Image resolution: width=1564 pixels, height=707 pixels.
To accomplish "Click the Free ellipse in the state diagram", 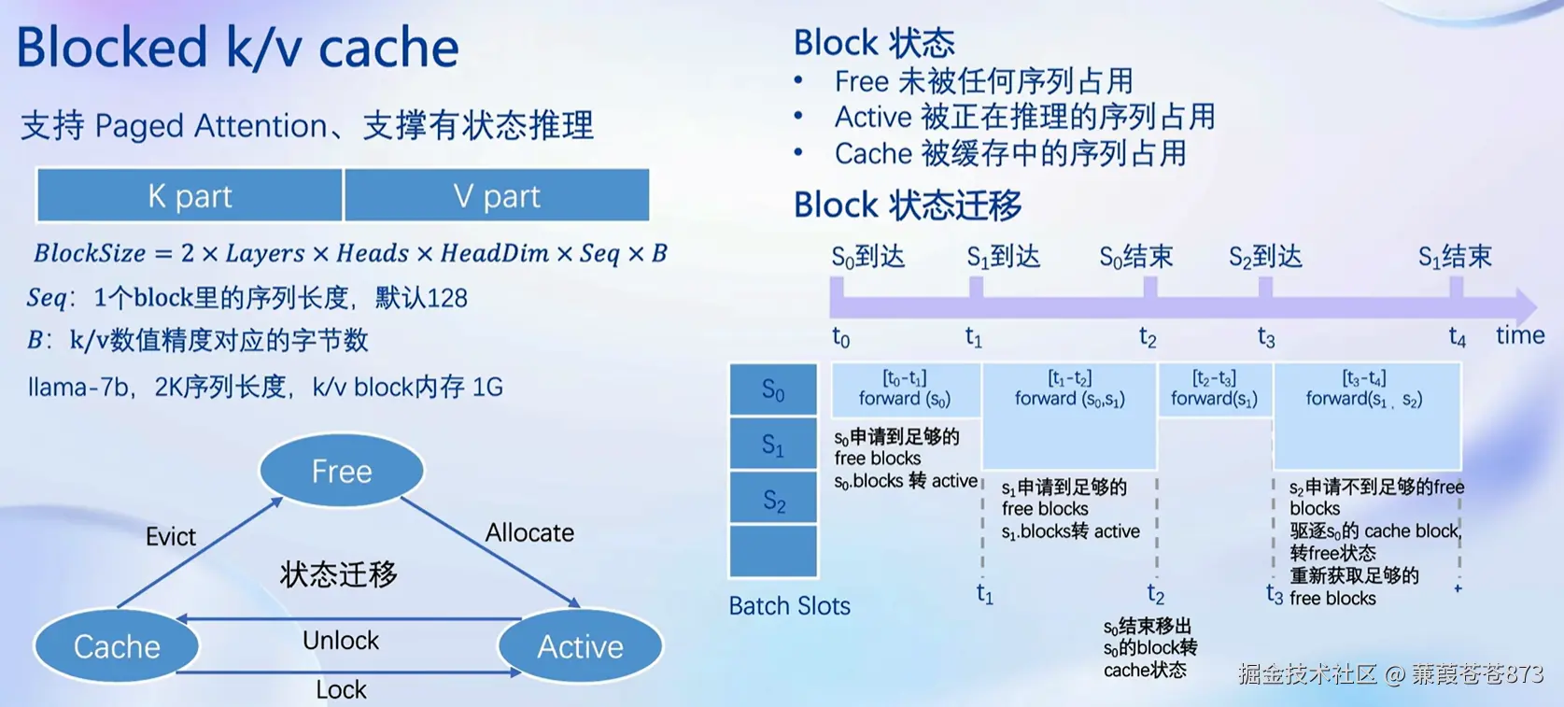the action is click(342, 470).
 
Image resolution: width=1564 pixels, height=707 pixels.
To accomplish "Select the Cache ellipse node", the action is click(117, 646).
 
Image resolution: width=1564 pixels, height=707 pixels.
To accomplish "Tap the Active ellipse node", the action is click(580, 646).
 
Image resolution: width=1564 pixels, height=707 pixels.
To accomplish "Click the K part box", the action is click(190, 195).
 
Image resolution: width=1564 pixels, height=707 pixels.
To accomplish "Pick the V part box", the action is click(497, 195).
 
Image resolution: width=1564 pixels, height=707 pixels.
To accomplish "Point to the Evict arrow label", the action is click(170, 536).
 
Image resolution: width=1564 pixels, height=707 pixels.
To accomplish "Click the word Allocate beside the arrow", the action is click(529, 533).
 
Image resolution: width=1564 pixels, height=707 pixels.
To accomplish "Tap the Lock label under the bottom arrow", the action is click(341, 689).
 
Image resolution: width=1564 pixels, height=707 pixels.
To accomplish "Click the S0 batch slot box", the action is click(774, 389).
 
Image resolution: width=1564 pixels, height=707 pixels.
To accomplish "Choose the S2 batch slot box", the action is click(774, 498).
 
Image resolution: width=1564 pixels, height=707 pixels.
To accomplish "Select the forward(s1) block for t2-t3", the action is click(1215, 389).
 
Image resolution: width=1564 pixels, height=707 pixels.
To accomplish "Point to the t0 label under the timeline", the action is click(841, 338).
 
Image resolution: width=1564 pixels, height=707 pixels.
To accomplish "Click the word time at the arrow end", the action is click(1520, 336).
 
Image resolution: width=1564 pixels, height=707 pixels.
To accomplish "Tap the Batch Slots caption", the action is click(790, 606).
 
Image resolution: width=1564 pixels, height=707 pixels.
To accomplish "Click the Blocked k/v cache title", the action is click(237, 48).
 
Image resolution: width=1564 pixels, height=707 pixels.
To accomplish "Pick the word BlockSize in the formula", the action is click(90, 253).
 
